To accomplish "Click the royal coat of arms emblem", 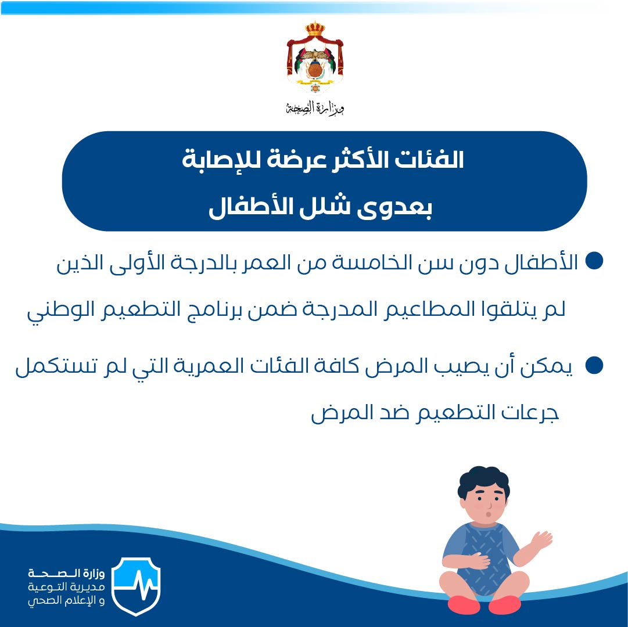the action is click(315, 58).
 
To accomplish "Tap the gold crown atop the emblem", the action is click(315, 29).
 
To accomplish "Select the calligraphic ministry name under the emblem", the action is click(315, 107).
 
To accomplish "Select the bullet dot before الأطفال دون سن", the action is click(594, 261).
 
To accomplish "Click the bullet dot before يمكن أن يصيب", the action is click(594, 365).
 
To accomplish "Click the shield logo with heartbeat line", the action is click(136, 586).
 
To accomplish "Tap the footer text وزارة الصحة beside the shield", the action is click(66, 574).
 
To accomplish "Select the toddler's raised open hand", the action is click(541, 541).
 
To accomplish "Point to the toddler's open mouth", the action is click(488, 513).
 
